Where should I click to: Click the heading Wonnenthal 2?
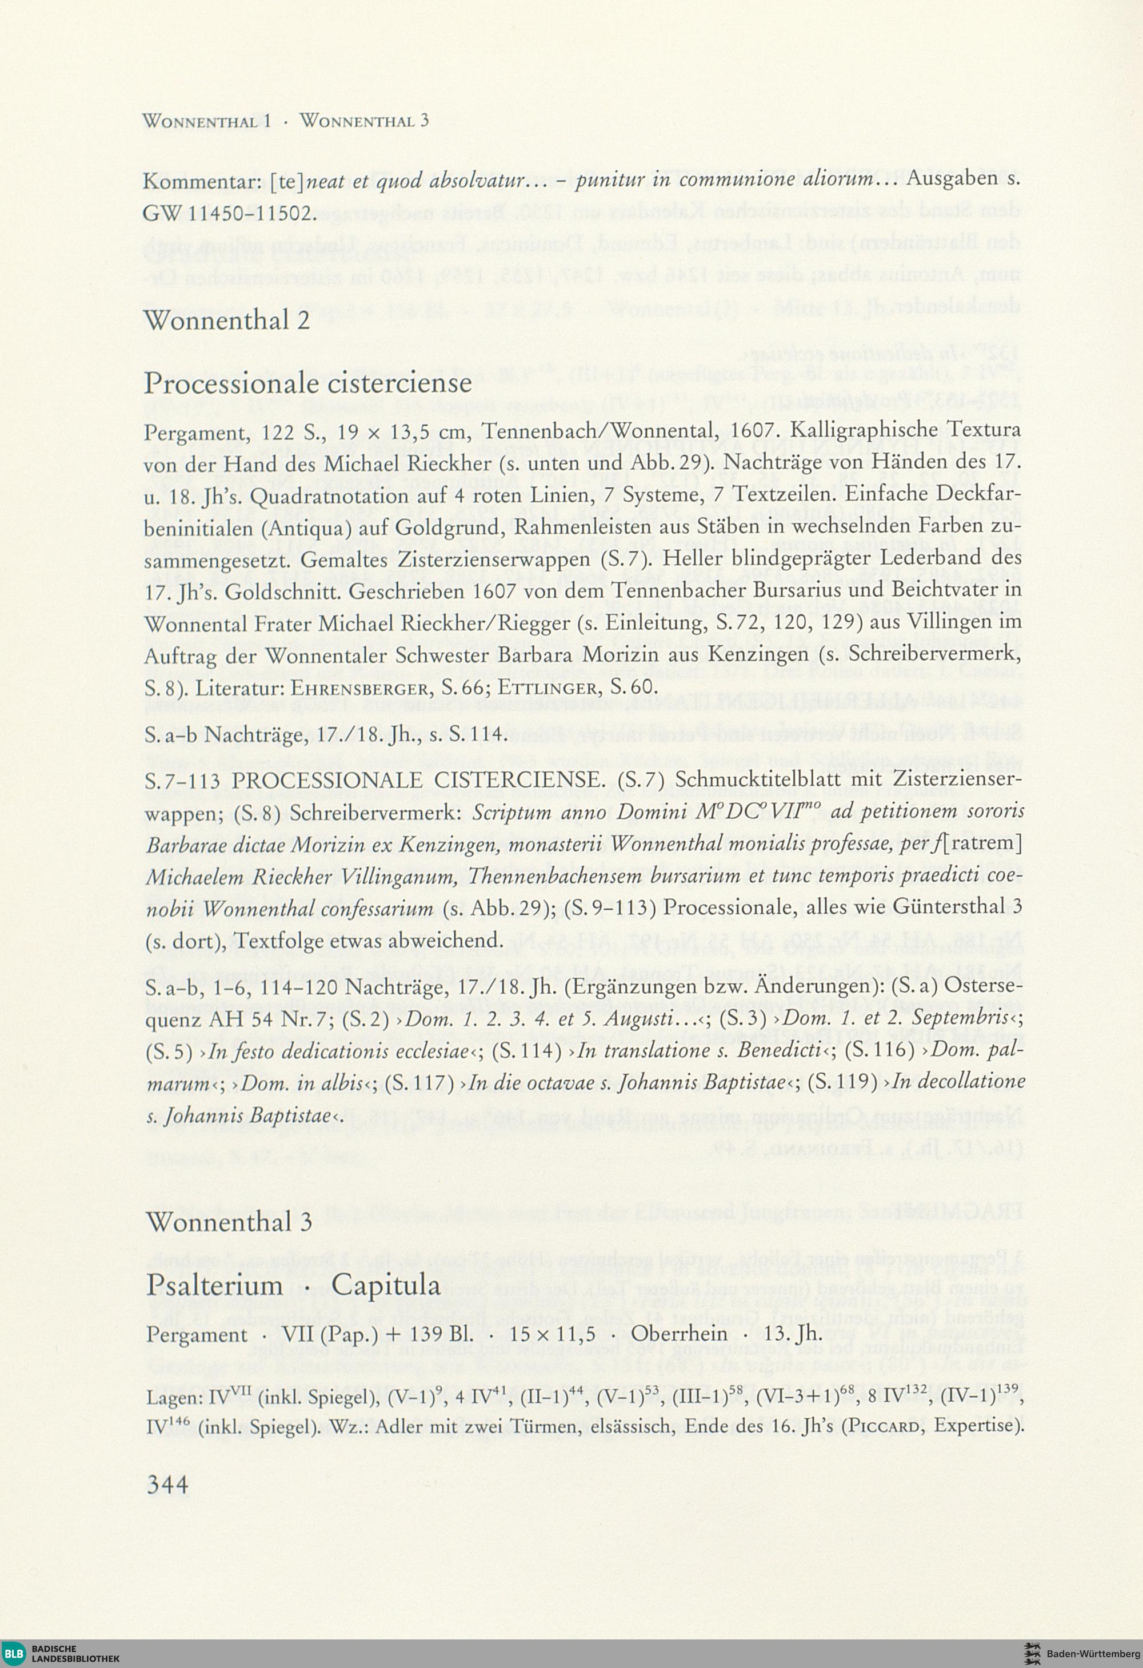(x=227, y=320)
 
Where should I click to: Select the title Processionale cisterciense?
(x=308, y=382)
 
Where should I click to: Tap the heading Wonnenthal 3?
(x=228, y=1222)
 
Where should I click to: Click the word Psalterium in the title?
(x=215, y=1285)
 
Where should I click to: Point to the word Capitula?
(x=386, y=1284)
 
